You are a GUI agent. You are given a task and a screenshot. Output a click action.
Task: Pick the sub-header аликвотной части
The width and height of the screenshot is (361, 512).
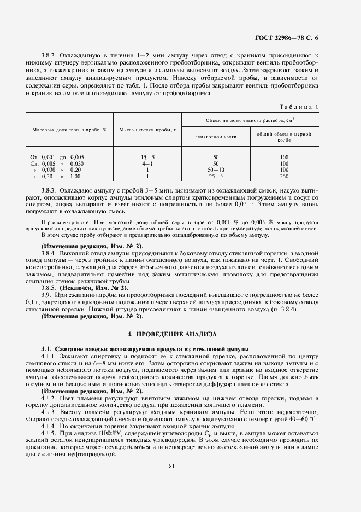[216, 137]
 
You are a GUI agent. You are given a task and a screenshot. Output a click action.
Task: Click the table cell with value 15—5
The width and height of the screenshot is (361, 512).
[147, 157]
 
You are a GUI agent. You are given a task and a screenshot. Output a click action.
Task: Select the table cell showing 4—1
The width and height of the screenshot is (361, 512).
[147, 164]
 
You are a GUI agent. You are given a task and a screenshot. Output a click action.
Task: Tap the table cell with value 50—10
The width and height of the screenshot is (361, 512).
[216, 170]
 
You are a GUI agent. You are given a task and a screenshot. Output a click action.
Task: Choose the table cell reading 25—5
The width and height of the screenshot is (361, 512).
[216, 177]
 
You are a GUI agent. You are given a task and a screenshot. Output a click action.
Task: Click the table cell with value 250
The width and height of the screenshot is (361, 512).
[284, 177]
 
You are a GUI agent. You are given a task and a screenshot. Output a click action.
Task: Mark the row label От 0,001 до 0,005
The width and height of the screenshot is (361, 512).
[57, 157]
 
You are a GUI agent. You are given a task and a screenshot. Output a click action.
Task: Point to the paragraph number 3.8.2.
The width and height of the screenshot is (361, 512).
[50, 56]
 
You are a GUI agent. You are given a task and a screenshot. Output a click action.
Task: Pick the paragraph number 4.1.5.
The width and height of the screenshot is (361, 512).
[50, 433]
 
